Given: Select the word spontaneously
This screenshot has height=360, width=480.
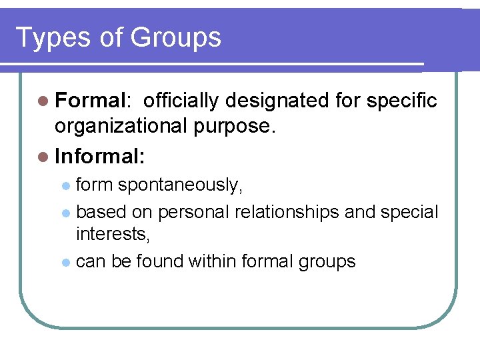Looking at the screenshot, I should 180,185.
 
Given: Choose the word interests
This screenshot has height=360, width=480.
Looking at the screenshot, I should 109,233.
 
